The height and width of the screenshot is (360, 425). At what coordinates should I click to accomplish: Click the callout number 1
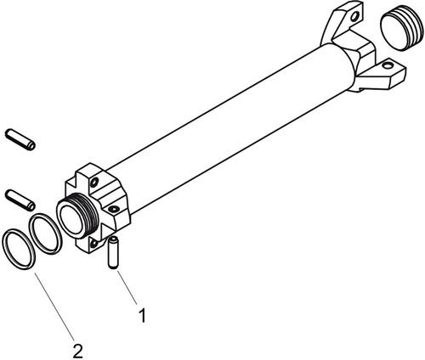[143, 316]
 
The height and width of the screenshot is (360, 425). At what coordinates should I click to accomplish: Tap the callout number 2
[77, 351]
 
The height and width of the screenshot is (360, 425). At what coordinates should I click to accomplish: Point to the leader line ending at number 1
[127, 288]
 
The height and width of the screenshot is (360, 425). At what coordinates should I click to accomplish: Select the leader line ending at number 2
[54, 307]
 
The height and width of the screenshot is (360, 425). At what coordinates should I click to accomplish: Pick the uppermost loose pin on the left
[20, 139]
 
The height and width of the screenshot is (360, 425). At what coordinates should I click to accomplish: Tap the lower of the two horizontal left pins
[20, 200]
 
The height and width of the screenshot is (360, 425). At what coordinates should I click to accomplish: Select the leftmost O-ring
[19, 249]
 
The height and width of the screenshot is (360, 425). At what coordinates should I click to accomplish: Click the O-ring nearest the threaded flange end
[45, 234]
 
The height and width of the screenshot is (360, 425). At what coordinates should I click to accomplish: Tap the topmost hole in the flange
[94, 183]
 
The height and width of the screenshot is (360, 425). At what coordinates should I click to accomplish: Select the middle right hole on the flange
[114, 210]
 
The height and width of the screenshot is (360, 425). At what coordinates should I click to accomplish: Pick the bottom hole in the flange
[93, 243]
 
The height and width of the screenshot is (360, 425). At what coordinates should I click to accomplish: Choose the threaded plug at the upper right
[399, 28]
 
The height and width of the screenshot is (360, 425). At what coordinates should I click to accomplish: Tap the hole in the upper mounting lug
[354, 18]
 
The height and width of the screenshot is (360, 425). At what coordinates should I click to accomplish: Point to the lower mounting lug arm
[381, 74]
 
